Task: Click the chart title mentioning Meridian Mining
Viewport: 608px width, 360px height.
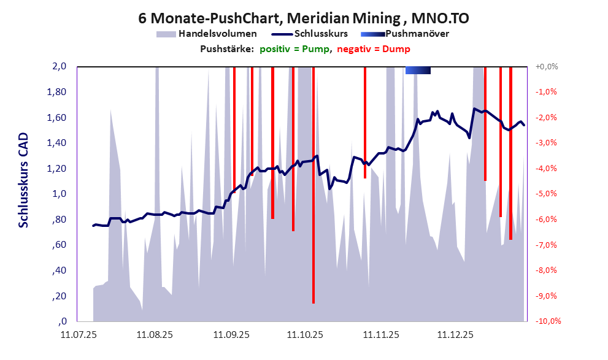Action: point(304,18)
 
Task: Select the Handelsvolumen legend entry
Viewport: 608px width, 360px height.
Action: point(206,34)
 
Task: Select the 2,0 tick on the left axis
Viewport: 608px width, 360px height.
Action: point(59,67)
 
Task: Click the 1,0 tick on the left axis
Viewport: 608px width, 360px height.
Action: point(59,194)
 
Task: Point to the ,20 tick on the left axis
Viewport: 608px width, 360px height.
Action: point(59,296)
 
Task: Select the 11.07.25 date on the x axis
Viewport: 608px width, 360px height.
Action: point(79,335)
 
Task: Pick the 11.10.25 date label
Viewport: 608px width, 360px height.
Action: point(305,335)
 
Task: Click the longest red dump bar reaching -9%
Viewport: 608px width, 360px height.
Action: point(314,184)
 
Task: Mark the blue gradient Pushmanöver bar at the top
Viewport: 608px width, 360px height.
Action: point(418,71)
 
